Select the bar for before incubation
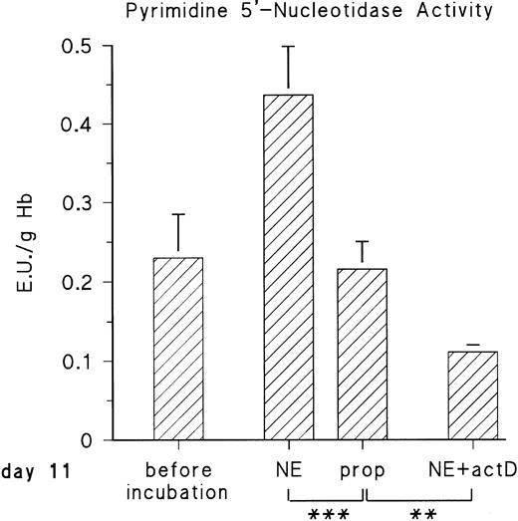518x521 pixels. [x=178, y=349]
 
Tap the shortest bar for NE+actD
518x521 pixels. [x=472, y=394]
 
